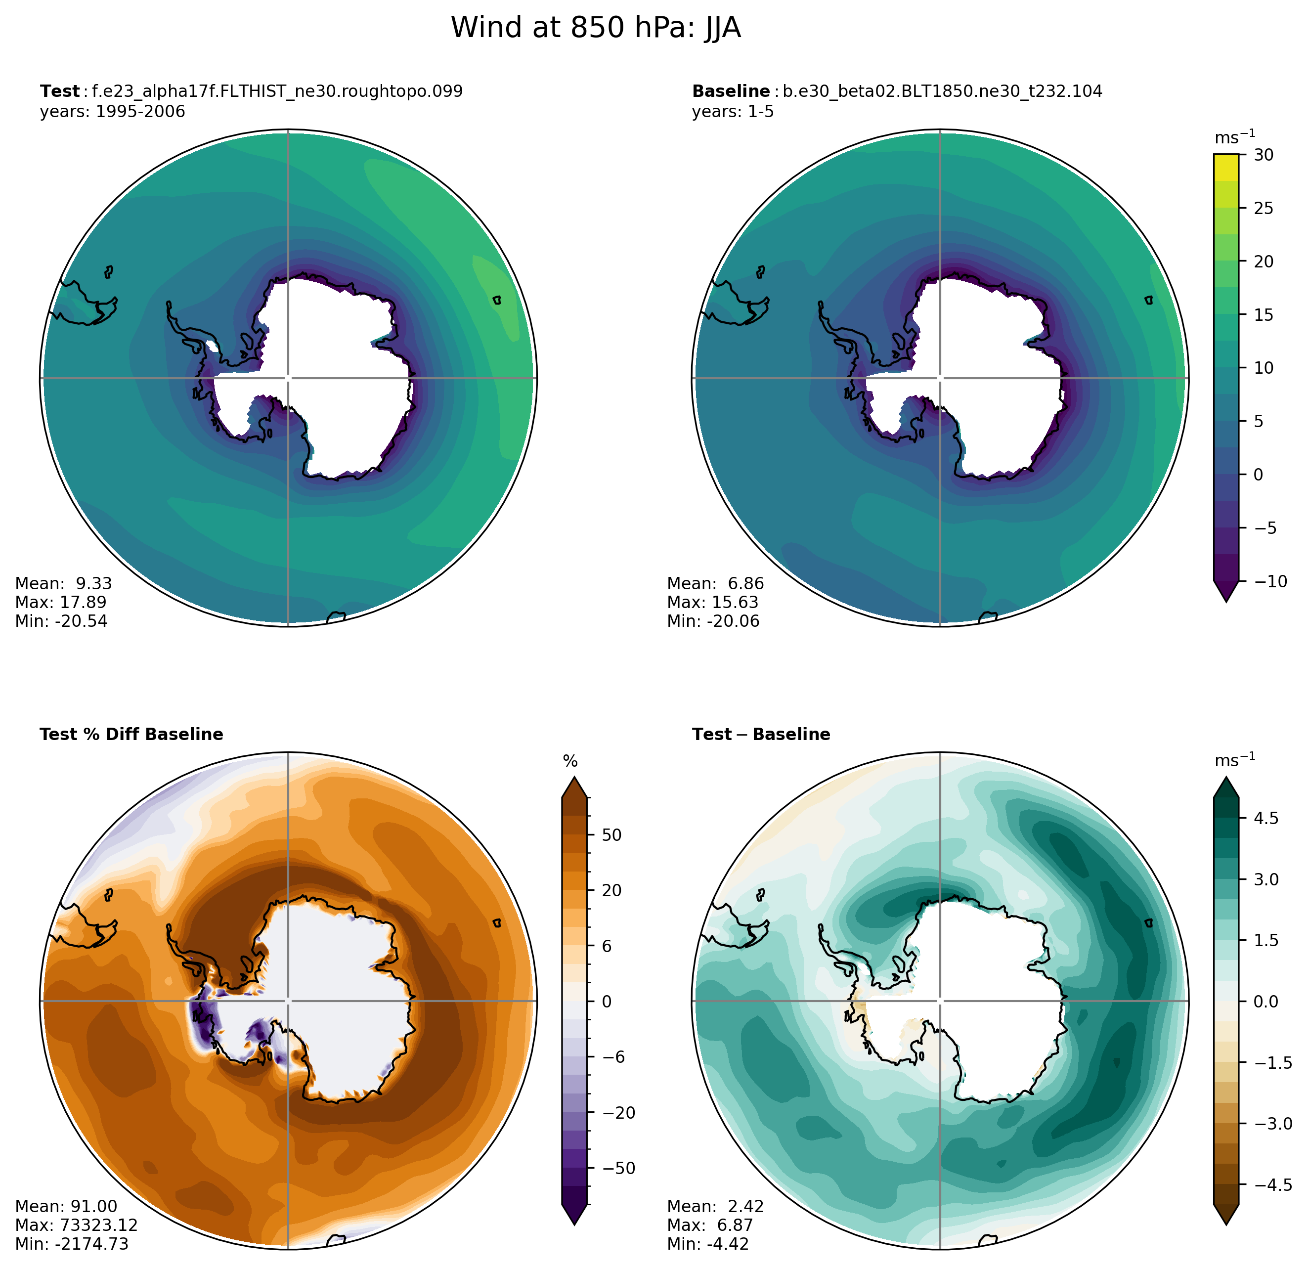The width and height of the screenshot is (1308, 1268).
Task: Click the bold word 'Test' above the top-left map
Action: tap(59, 91)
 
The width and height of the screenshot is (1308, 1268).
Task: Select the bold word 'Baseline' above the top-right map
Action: tap(731, 91)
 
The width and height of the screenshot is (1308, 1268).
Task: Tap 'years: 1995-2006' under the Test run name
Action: tap(112, 111)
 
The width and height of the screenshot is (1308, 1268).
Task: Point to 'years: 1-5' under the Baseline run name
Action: tap(733, 111)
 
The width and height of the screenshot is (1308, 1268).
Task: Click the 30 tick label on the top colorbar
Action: tap(1264, 155)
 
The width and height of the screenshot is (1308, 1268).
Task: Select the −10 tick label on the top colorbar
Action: tap(1270, 581)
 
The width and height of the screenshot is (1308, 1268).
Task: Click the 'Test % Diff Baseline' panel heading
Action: tap(131, 734)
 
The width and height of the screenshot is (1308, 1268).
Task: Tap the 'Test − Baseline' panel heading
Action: tap(761, 734)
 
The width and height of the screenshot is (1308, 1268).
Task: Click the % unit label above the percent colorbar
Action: tap(570, 761)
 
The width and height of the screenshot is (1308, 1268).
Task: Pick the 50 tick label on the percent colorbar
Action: tap(612, 835)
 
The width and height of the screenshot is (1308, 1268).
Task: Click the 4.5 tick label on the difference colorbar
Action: tap(1266, 818)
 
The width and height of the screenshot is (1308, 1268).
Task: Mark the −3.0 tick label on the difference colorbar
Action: tap(1272, 1123)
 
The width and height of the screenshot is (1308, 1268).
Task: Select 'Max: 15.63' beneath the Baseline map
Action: tap(713, 602)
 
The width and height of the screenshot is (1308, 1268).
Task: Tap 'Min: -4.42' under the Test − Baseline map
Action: tap(708, 1243)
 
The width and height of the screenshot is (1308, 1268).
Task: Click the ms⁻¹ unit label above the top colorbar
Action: tap(1235, 137)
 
